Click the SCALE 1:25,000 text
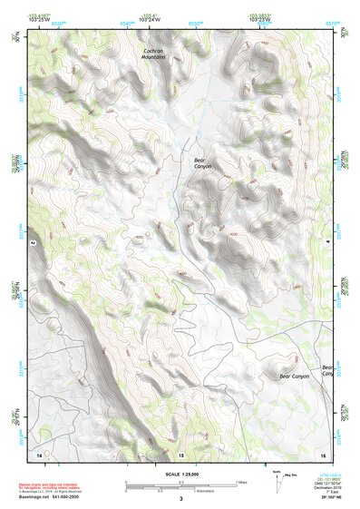click(x=180, y=474)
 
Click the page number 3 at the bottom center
click(x=180, y=499)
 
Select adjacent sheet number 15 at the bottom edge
click(x=180, y=453)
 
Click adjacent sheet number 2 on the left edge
click(x=33, y=244)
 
